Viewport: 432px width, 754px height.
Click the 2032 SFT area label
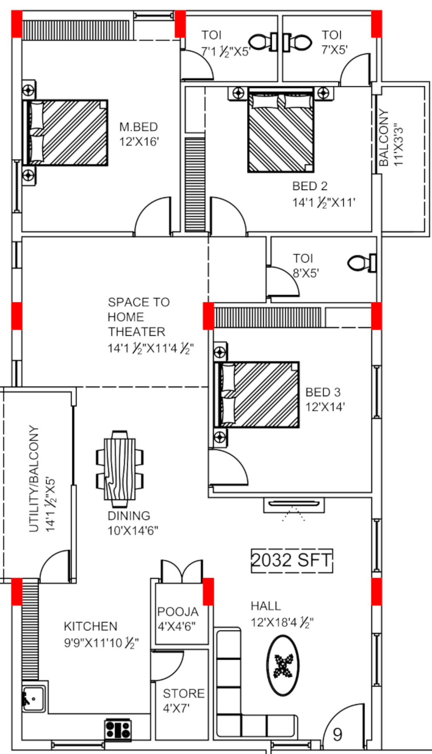pos(292,560)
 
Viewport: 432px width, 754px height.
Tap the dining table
pos(120,469)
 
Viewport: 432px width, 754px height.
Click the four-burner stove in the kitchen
pos(118,730)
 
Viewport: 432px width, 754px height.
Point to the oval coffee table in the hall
pos(283,665)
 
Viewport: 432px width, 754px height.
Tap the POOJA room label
pos(178,612)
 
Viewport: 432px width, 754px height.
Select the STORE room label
pos(184,693)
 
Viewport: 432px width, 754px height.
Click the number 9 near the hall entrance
pos(338,734)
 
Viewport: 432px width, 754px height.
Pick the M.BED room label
pos(138,127)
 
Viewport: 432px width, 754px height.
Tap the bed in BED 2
pos(281,130)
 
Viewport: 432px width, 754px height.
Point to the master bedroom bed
pos(65,133)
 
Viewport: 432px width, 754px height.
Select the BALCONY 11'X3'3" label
pos(391,138)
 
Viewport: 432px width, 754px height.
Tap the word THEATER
pos(136,332)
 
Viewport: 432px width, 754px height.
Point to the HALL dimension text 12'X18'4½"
pos(282,622)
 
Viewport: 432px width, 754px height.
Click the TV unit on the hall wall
pos(294,505)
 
